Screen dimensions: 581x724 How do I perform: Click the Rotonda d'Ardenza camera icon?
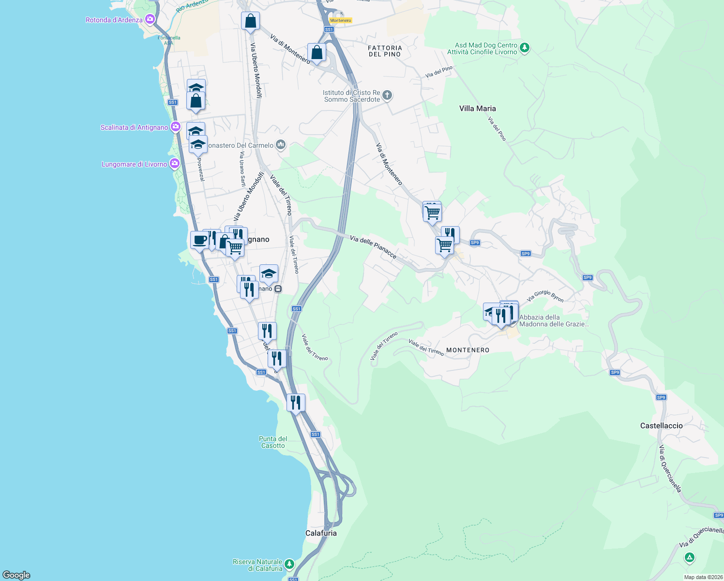coord(150,19)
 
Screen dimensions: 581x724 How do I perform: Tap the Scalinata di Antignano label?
coord(134,127)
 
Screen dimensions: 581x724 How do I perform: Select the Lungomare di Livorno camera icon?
coord(175,164)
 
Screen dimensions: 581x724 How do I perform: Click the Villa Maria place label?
coord(477,108)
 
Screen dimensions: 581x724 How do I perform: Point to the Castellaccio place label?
coord(661,426)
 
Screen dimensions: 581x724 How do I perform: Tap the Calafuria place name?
coord(321,533)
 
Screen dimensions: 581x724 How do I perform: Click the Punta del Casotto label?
coord(273,442)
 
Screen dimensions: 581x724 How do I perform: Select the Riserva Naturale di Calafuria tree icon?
coord(289,564)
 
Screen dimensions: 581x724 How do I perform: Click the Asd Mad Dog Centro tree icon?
coord(525,48)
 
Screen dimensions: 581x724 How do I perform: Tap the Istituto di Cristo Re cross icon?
coord(387,95)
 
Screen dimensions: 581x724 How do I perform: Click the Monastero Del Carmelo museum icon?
coord(281,145)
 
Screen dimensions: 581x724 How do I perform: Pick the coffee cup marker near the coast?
coord(199,240)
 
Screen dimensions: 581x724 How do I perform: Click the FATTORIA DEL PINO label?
coord(385,51)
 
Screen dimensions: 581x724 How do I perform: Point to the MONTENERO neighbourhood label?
coord(468,350)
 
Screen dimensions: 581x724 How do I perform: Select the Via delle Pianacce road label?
coord(373,247)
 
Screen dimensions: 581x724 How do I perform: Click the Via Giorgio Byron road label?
coord(545,296)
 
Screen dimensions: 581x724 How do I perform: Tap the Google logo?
coord(16,575)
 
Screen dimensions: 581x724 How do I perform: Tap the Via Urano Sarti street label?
coord(242,169)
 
